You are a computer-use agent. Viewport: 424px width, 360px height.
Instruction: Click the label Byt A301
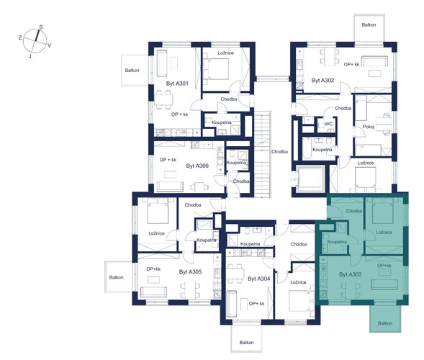point(177,84)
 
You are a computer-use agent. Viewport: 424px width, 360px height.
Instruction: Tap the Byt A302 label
point(322,81)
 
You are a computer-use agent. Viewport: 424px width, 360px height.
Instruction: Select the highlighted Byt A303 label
point(351,274)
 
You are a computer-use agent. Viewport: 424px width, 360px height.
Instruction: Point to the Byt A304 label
point(258,279)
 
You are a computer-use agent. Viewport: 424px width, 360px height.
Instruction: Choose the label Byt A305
point(190,272)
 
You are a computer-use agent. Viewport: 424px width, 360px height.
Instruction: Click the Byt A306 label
point(197,166)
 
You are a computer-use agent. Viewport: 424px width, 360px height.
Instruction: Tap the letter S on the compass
point(41,27)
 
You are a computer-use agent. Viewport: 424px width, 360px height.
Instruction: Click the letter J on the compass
point(30,56)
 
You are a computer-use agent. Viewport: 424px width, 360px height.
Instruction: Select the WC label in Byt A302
point(328,124)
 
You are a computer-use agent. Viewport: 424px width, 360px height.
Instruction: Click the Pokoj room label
point(369,126)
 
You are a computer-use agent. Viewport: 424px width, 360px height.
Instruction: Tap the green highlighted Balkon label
point(385,323)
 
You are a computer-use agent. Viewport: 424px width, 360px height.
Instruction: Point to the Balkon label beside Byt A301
point(132,71)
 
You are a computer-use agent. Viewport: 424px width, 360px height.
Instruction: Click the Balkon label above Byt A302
point(369,25)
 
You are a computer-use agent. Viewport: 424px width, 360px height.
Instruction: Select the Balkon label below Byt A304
point(247,343)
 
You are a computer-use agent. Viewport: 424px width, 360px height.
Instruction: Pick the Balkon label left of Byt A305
point(117,277)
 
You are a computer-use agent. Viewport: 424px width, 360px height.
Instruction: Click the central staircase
point(262,154)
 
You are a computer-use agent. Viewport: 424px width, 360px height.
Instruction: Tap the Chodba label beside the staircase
point(279,152)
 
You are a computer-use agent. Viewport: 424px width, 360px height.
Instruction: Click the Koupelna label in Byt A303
point(337,242)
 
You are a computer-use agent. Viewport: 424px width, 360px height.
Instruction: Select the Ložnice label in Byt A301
point(226,53)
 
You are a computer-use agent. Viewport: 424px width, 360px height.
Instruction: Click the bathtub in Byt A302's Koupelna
point(307,148)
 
